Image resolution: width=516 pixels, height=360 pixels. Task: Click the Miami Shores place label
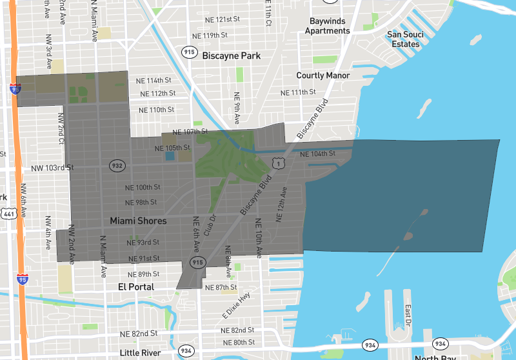(138, 221)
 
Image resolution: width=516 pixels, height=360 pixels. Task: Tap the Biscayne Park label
(232, 56)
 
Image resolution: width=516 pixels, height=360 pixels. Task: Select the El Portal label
(137, 286)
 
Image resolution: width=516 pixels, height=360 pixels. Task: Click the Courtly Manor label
(323, 75)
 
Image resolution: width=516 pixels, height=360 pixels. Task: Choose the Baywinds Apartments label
(328, 26)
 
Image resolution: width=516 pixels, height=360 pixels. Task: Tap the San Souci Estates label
(405, 39)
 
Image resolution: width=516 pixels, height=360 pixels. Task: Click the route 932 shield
(117, 165)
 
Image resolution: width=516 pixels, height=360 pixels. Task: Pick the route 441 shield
(9, 214)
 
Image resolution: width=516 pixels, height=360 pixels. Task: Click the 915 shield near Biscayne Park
(189, 52)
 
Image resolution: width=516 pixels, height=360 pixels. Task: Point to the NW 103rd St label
(48, 168)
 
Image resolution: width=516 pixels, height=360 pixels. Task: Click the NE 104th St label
(318, 154)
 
